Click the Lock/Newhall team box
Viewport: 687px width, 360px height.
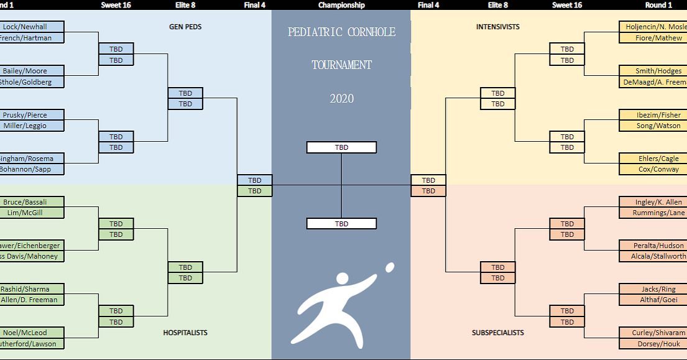point(32,27)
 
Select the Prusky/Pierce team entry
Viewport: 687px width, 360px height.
point(32,115)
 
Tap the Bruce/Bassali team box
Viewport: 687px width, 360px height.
point(32,202)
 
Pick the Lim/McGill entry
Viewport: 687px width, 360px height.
point(32,213)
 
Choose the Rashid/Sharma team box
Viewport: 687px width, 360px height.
point(32,289)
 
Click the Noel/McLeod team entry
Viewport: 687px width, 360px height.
point(32,333)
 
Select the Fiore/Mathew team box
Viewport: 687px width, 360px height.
point(653,38)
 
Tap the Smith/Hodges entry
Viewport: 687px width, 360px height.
point(653,71)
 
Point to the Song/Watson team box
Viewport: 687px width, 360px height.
point(653,126)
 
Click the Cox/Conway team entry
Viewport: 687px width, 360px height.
point(653,169)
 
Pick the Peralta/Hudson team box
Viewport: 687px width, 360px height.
point(653,246)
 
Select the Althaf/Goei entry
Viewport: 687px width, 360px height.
point(653,300)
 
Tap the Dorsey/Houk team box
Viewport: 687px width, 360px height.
point(653,343)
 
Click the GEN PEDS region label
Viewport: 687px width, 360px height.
point(185,27)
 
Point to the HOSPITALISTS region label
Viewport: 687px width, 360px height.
point(185,333)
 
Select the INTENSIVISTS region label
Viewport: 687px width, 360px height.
point(498,27)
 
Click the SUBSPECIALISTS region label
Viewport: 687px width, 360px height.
point(498,333)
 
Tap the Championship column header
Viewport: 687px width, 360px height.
point(341,5)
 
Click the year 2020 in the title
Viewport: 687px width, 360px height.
point(341,98)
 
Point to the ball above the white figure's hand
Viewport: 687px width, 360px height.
point(390,267)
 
